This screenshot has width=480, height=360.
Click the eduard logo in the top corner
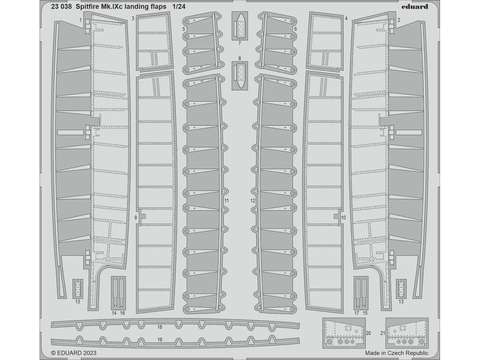(415, 7)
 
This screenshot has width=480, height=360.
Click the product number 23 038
(62, 7)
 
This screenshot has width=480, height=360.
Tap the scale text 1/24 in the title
(179, 7)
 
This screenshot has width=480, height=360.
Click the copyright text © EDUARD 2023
(74, 353)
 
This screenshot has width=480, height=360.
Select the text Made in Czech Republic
(397, 353)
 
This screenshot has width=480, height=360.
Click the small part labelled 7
(240, 26)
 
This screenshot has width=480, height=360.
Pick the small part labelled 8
(240, 76)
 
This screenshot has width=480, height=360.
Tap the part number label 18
(160, 327)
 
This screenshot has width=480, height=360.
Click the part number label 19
(160, 340)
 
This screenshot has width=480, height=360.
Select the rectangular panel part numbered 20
(344, 333)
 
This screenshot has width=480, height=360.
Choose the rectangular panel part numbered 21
(407, 333)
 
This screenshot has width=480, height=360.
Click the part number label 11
(226, 201)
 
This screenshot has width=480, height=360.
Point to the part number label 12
(253, 201)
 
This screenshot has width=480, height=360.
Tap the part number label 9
(136, 218)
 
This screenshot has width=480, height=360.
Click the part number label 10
(344, 218)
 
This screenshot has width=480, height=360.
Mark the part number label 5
(184, 29)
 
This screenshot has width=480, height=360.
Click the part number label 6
(296, 29)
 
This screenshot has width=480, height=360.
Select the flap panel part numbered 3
(155, 42)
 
